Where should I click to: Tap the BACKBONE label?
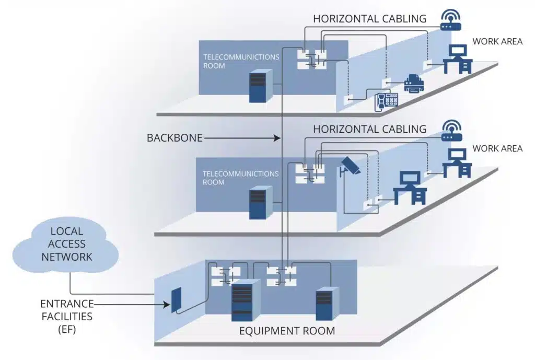[x=174, y=138]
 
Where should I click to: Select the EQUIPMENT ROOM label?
[x=287, y=331]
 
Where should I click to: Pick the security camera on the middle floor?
[x=349, y=166]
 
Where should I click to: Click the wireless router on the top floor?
[x=451, y=20]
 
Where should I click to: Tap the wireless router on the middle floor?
[x=451, y=131]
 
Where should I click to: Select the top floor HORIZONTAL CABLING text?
[x=369, y=18]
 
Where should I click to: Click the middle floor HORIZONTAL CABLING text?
[x=369, y=129]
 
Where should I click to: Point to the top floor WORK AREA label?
[x=497, y=41]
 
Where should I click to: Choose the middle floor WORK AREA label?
[x=497, y=148]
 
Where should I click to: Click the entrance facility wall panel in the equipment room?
[x=177, y=299]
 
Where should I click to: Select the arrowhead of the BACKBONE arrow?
[x=278, y=138]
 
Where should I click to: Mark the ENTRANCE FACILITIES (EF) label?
[x=66, y=316]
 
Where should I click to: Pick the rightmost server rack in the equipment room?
[x=326, y=304]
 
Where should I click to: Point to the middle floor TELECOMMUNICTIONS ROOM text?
[x=241, y=178]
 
